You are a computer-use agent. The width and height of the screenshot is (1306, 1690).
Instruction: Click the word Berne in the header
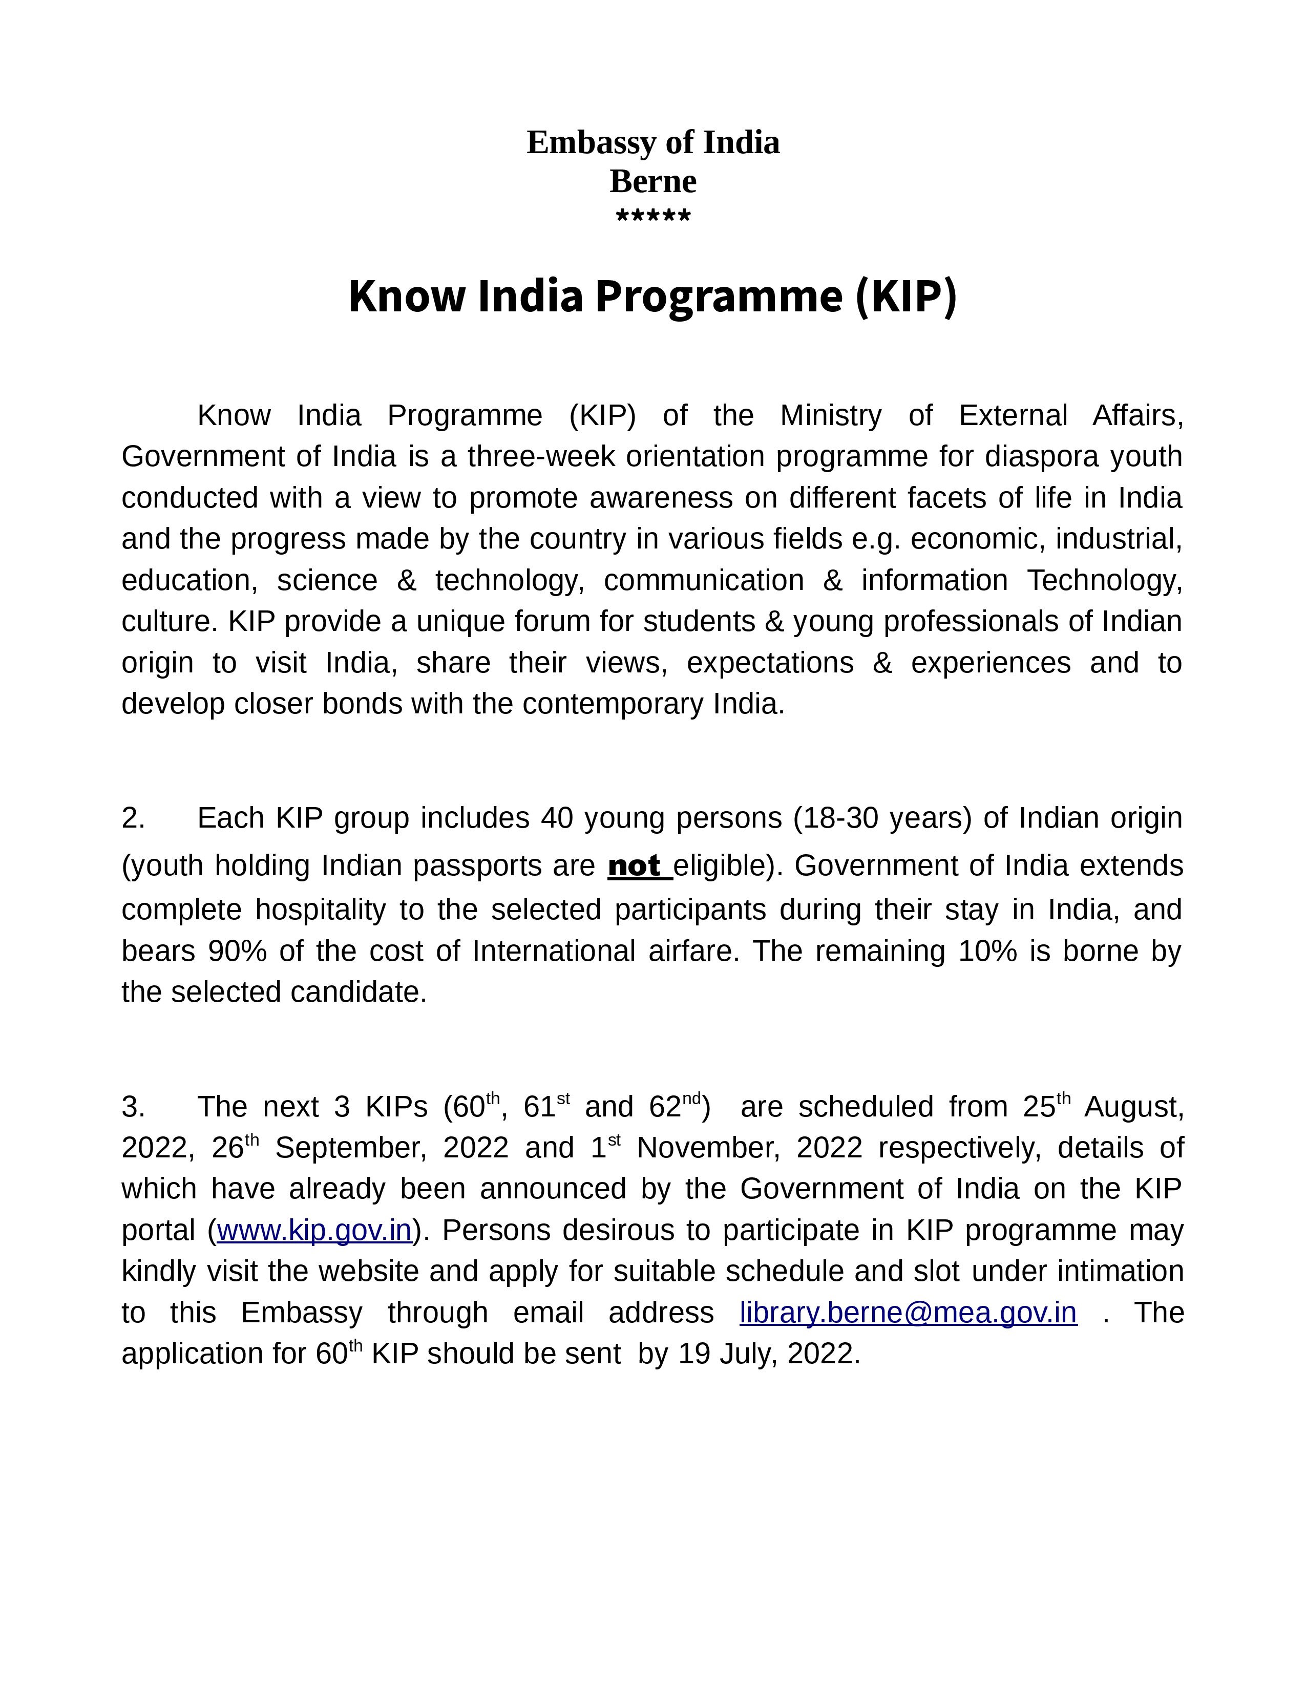(x=653, y=182)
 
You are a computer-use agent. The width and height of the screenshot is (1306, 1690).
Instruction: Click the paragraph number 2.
(x=133, y=818)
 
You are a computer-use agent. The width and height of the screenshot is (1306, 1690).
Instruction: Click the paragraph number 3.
(x=133, y=1107)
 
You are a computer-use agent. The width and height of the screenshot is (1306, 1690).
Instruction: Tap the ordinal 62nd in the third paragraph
(x=675, y=1107)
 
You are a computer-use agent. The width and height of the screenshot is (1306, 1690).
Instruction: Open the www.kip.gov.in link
(x=314, y=1230)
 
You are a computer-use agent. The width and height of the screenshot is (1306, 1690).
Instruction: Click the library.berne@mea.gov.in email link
(x=908, y=1313)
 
